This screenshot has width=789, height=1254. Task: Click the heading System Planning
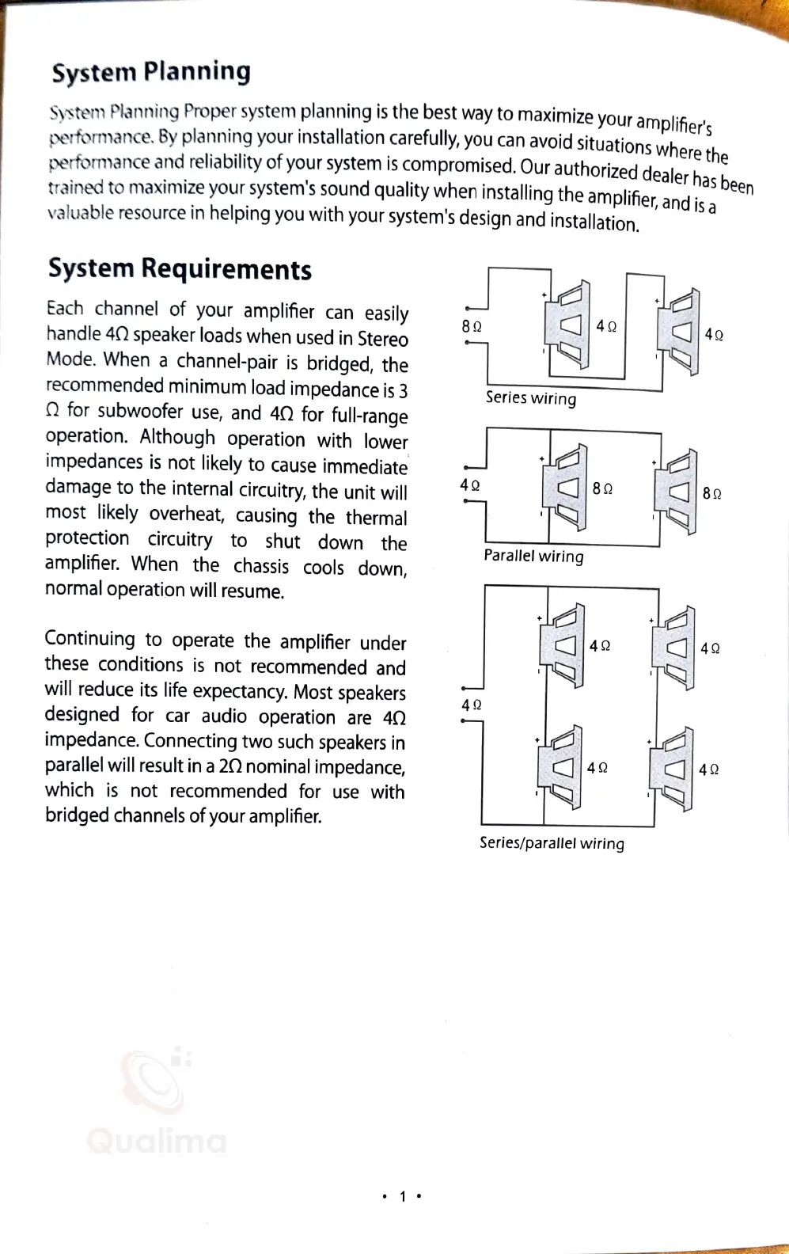pyautogui.click(x=151, y=72)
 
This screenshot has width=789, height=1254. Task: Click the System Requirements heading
pyautogui.click(x=180, y=269)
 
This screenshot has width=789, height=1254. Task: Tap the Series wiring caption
pyautogui.click(x=531, y=397)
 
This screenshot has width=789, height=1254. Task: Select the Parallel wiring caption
pyautogui.click(x=533, y=556)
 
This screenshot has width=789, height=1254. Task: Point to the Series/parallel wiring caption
pyautogui.click(x=552, y=843)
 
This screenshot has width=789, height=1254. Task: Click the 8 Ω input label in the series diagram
pyautogui.click(x=472, y=326)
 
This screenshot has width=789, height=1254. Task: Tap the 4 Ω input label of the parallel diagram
pyautogui.click(x=470, y=484)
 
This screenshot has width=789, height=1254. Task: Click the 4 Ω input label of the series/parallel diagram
pyautogui.click(x=472, y=705)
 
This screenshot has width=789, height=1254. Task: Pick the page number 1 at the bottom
pyautogui.click(x=402, y=1196)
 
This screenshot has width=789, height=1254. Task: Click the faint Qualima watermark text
pyautogui.click(x=157, y=1141)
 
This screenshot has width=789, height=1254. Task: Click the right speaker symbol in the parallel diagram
pyautogui.click(x=676, y=492)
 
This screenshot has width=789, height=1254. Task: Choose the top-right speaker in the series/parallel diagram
pyautogui.click(x=674, y=648)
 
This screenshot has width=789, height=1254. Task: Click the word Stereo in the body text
pyautogui.click(x=383, y=339)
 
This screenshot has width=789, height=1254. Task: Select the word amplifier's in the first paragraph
pyautogui.click(x=673, y=123)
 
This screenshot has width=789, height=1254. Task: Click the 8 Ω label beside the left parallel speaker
pyautogui.click(x=602, y=488)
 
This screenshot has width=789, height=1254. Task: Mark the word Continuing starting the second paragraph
pyautogui.click(x=90, y=638)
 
